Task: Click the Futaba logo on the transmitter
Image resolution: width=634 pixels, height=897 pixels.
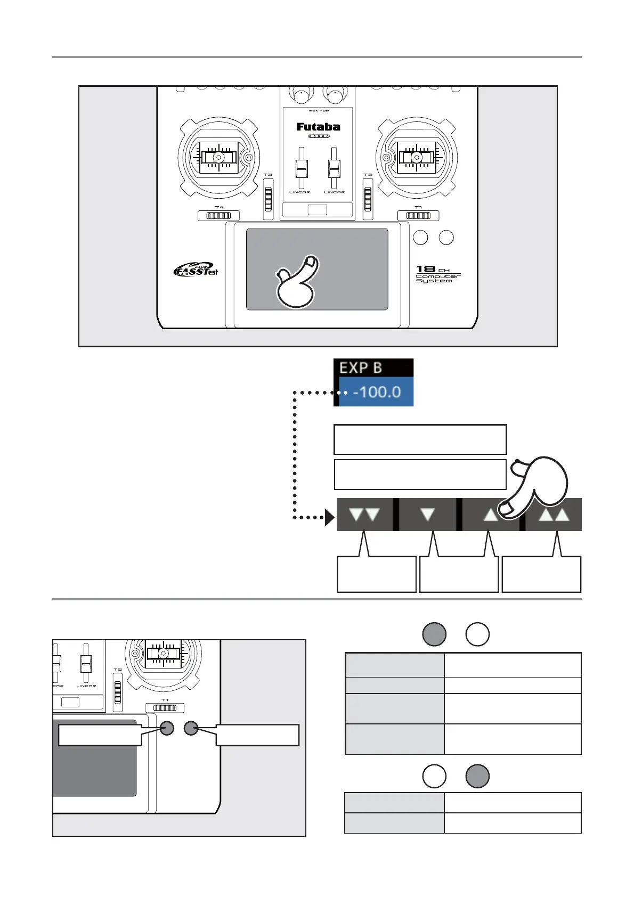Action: pos(318,127)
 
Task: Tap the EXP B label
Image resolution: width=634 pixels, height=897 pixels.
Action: pos(361,368)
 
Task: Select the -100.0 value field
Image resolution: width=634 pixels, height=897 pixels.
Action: pos(376,392)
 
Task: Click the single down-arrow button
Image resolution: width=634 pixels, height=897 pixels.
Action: pos(427,515)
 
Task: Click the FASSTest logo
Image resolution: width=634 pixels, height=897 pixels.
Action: pos(196,270)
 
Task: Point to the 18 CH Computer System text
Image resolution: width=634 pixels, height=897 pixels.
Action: pos(437,274)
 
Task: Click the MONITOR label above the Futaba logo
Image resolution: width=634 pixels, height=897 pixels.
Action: pos(318,111)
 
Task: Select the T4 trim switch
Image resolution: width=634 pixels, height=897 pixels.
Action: pos(218,216)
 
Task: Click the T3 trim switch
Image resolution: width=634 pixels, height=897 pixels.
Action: pos(268,199)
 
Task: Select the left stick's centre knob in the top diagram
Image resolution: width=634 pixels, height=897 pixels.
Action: pos(218,158)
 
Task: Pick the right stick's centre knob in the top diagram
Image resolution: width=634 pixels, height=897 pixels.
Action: pos(417,158)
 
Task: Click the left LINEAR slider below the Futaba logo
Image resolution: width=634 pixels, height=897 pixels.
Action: pos(301,170)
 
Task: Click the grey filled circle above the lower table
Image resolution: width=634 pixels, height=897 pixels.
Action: pos(477,776)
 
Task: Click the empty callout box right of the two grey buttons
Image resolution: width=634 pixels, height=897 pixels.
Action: pos(257,735)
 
